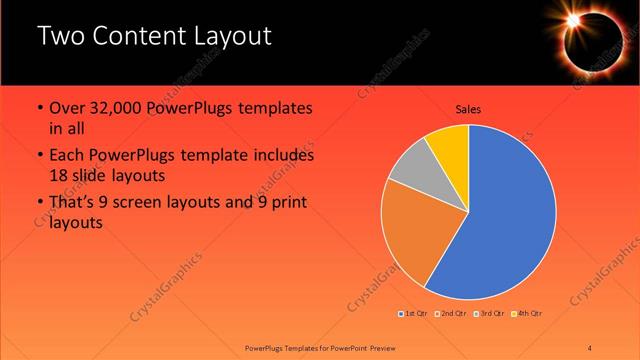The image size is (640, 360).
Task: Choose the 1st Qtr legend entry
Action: click(416, 314)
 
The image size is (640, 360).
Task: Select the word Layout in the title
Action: click(230, 38)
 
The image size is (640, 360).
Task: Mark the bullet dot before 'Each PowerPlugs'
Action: click(39, 156)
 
